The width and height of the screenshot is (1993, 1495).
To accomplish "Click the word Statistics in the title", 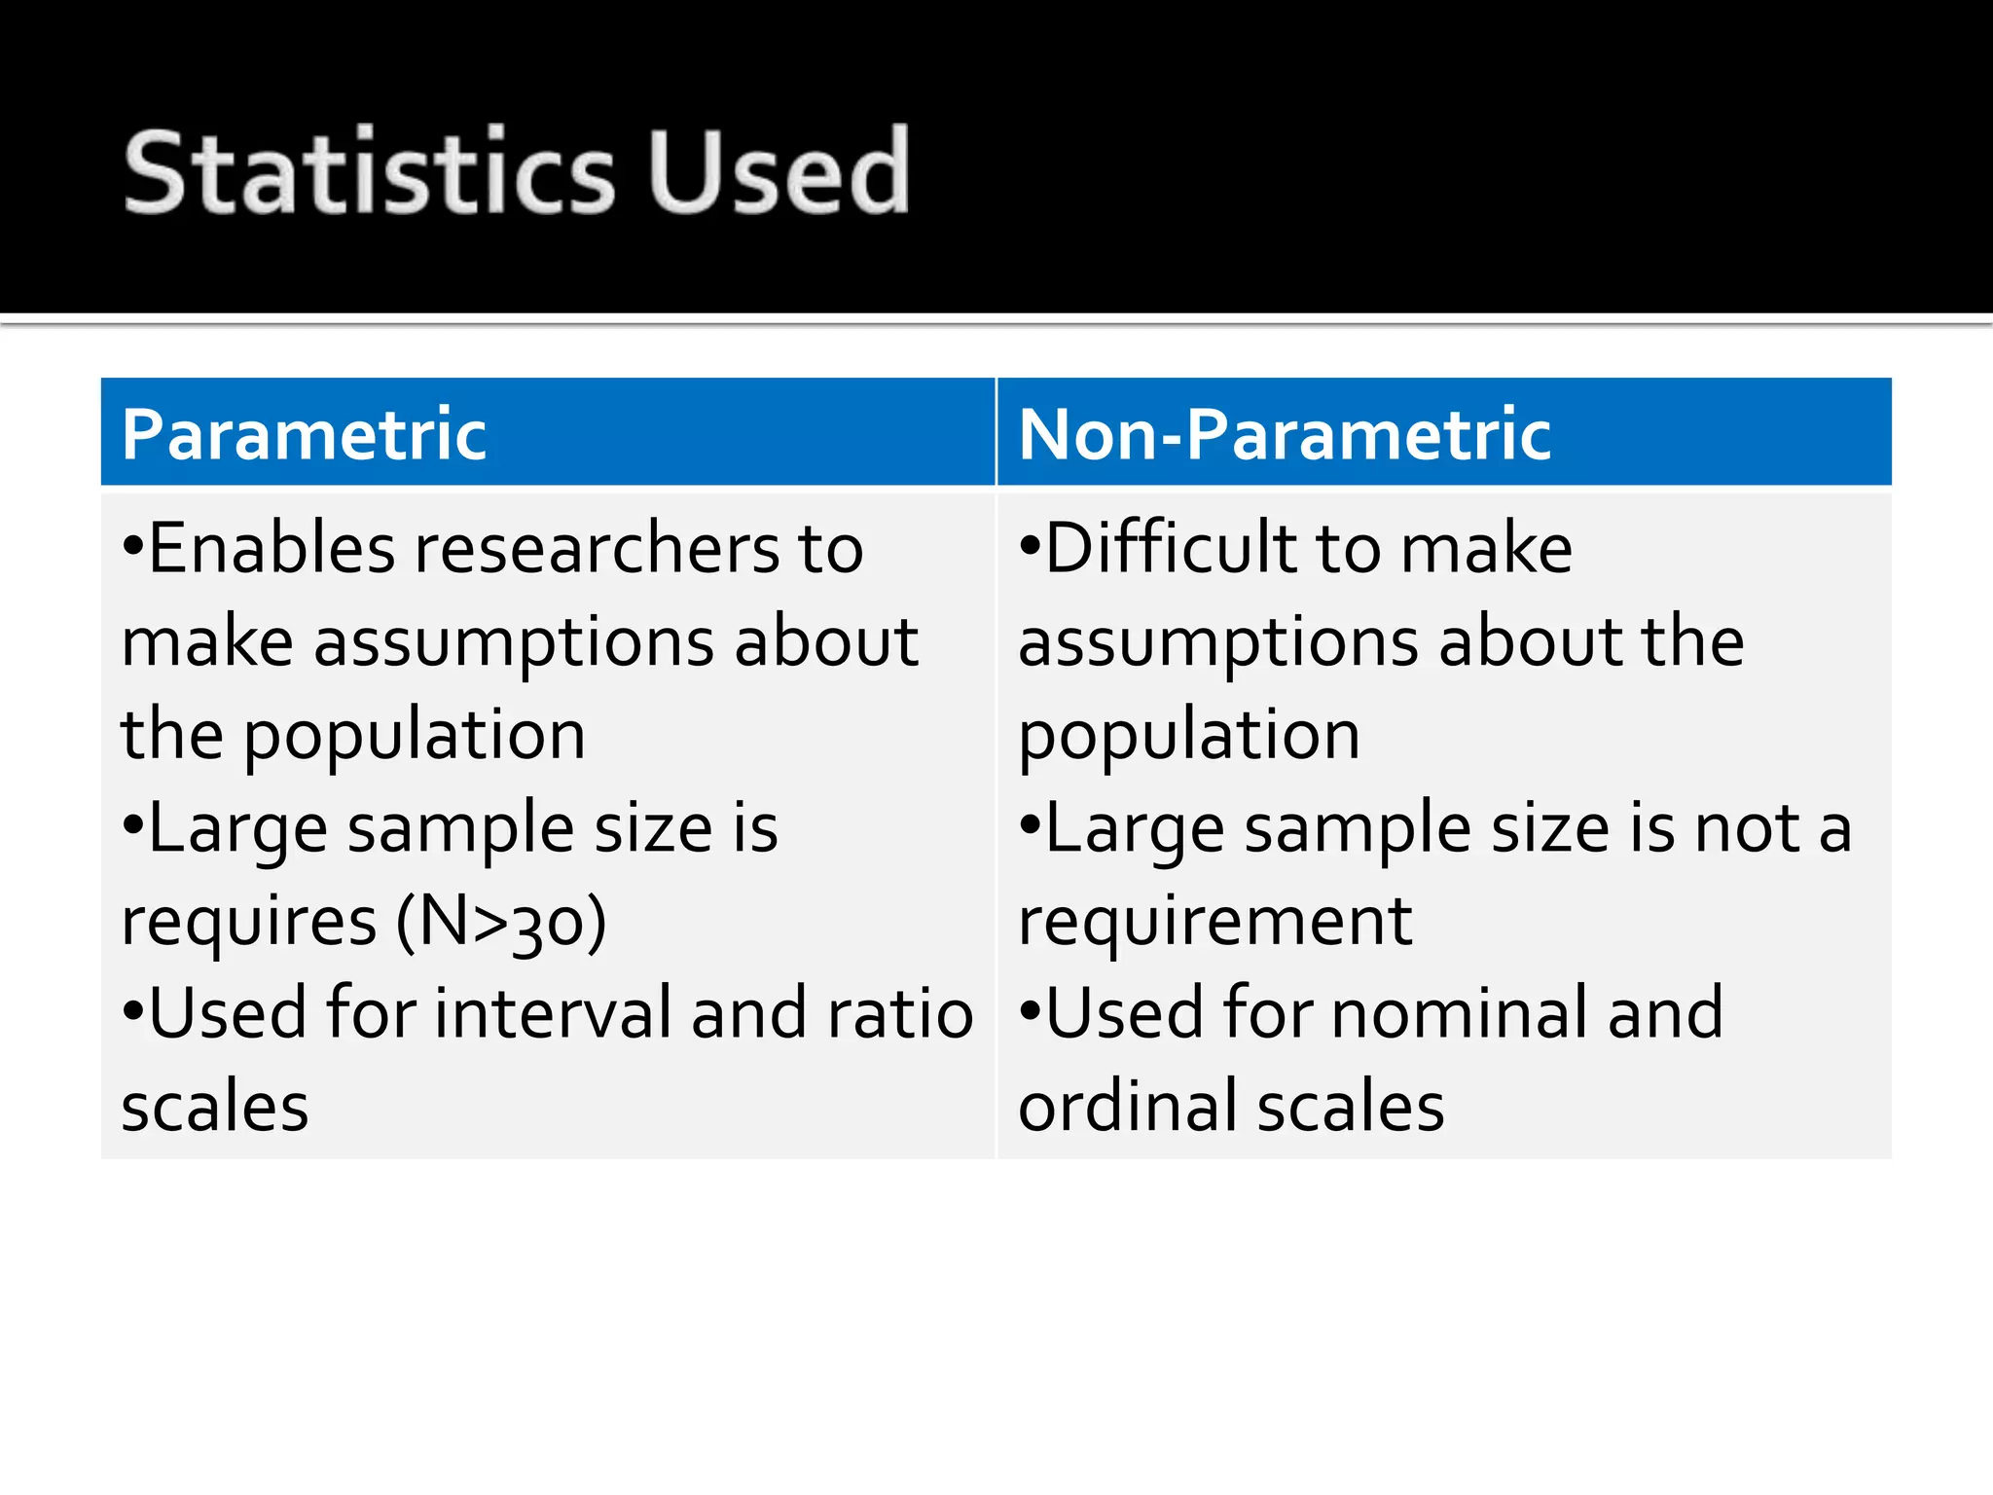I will coord(370,172).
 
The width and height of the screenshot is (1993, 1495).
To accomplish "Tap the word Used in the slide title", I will coord(779,172).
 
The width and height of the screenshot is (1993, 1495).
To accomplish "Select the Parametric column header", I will coord(304,434).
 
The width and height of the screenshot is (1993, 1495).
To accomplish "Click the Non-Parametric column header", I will coord(1284,434).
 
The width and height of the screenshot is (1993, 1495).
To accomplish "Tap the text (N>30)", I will coord(500,921).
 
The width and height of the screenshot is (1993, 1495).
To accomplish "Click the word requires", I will coord(248,921).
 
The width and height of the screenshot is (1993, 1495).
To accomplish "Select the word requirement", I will coord(1214,921).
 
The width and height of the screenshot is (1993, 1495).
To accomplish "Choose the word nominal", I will coord(1461,1013).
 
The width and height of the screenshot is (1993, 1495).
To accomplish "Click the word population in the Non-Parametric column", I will coord(1188,736).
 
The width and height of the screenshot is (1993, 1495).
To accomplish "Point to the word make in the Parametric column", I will coord(206,642).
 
